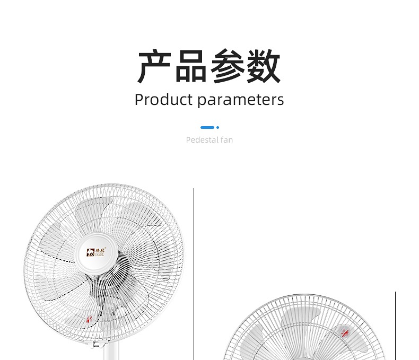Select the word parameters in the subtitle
(240, 100)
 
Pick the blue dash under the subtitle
(207, 127)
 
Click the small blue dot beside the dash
(218, 127)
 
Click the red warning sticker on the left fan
(89, 320)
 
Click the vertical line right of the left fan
(194, 276)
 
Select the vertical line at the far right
(395, 323)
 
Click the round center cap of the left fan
(100, 252)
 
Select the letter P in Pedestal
(188, 140)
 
